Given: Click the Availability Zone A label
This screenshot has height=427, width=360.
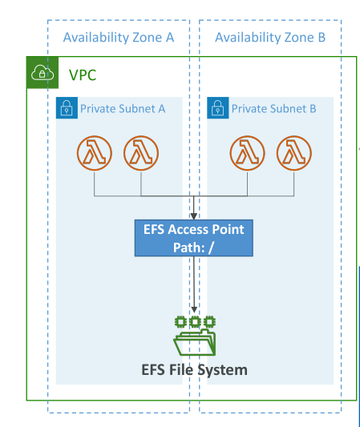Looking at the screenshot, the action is pyautogui.click(x=119, y=38).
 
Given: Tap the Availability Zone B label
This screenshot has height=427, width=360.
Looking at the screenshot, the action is pyautogui.click(x=270, y=38).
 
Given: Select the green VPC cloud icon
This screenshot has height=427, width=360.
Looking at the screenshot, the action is pyautogui.click(x=42, y=73).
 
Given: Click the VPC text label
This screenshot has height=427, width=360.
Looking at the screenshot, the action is pyautogui.click(x=83, y=75).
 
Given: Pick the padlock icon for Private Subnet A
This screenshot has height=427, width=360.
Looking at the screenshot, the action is pyautogui.click(x=67, y=108).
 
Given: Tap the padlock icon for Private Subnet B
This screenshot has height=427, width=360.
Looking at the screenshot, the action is pyautogui.click(x=218, y=108).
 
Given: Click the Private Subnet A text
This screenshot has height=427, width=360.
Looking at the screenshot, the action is pyautogui.click(x=123, y=109).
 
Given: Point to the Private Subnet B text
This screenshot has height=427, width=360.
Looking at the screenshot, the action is pyautogui.click(x=274, y=109).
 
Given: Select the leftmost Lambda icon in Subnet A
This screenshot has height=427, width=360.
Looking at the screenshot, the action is pyautogui.click(x=95, y=153).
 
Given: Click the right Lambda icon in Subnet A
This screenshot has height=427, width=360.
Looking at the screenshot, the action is pyautogui.click(x=141, y=153).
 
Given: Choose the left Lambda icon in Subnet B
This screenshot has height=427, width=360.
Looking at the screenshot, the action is pyautogui.click(x=247, y=153).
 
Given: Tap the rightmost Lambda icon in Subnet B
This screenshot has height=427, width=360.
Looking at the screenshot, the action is pyautogui.click(x=294, y=153).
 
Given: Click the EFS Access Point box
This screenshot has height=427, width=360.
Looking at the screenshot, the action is pyautogui.click(x=194, y=238).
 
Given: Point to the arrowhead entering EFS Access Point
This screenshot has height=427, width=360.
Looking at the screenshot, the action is pyautogui.click(x=194, y=216).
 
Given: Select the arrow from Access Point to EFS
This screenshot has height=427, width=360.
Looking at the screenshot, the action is pyautogui.click(x=194, y=284).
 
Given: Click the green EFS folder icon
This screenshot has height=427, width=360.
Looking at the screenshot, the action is pyautogui.click(x=195, y=342).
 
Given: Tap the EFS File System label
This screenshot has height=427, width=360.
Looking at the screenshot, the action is pyautogui.click(x=194, y=370).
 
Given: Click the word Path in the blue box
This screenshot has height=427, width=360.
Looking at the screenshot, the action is pyautogui.click(x=189, y=248).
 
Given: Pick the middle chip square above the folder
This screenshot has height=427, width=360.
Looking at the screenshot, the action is pyautogui.click(x=195, y=322).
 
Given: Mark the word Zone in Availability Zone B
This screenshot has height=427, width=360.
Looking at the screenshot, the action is pyautogui.click(x=299, y=38).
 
